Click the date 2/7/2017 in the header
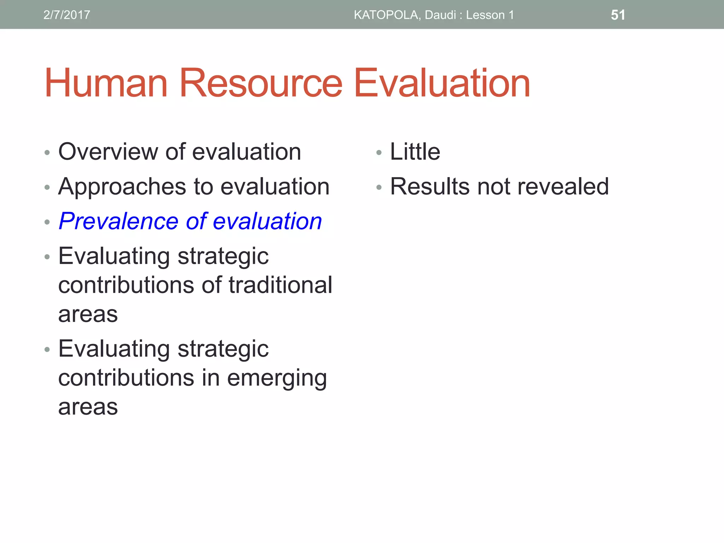(67, 15)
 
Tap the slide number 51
(618, 15)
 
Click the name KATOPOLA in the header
(387, 15)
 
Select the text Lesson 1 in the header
(490, 15)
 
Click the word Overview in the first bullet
(108, 152)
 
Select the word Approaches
(122, 187)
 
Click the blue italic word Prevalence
(118, 221)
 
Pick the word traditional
(280, 285)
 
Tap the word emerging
(277, 378)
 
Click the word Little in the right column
(415, 152)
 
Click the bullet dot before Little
(379, 153)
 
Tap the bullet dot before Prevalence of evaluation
(47, 222)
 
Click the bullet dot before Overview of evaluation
(47, 153)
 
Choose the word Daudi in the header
(440, 15)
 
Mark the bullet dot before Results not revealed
(379, 187)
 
